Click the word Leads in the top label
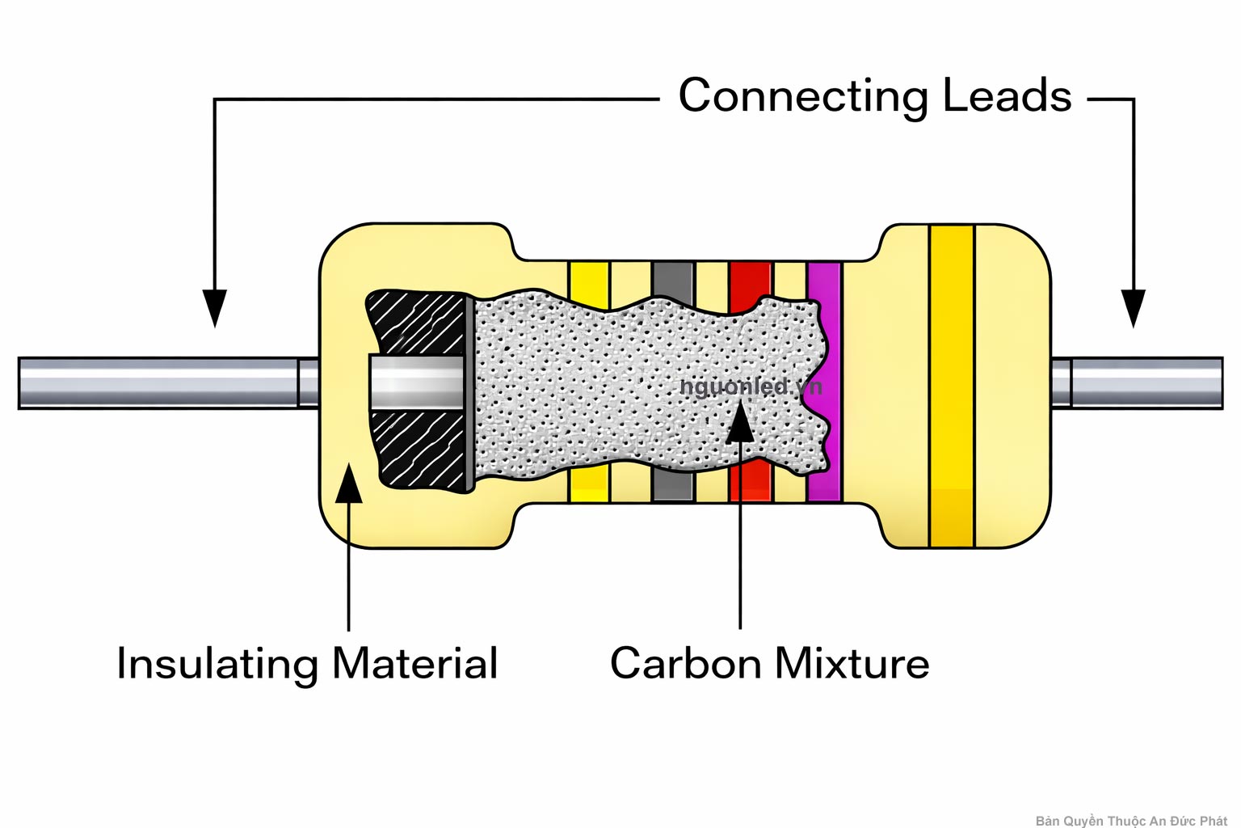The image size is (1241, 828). point(1007,95)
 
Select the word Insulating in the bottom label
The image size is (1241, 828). point(217,664)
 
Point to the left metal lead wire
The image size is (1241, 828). point(162,382)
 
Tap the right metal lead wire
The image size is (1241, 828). point(1143,382)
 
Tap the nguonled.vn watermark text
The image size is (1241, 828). point(750,387)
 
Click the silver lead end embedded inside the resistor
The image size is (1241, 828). point(416,382)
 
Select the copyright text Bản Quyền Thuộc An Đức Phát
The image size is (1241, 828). point(1130,820)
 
